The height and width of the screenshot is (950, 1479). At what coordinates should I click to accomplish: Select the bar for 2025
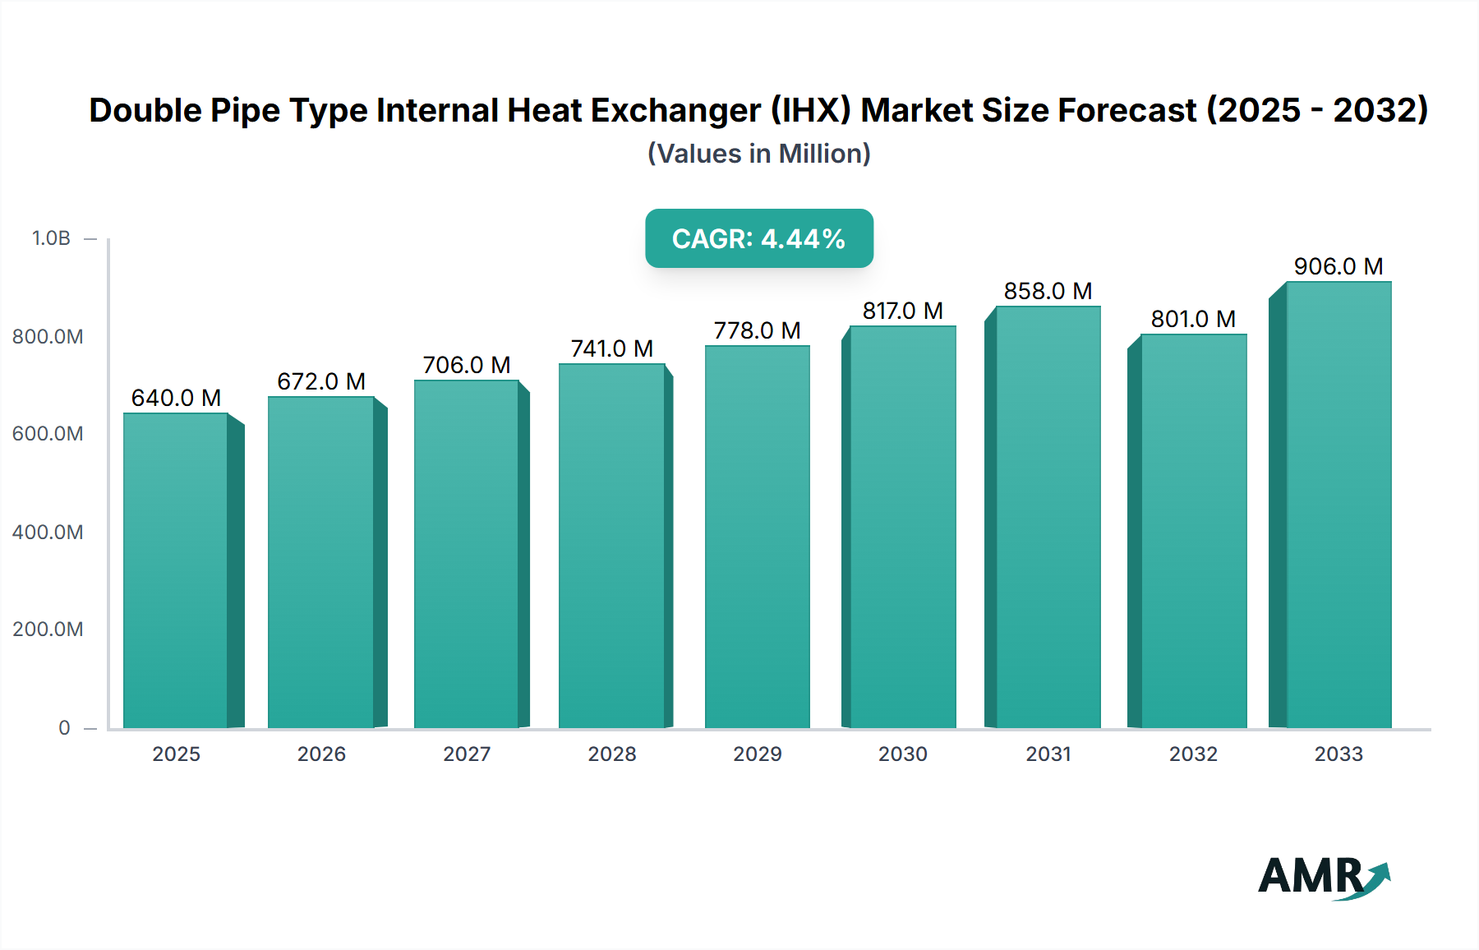175,570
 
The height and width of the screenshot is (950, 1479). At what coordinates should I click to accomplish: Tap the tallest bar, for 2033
1338,505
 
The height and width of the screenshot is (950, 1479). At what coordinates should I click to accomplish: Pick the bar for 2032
1194,531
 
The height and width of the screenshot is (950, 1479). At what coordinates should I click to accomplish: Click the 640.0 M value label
176,398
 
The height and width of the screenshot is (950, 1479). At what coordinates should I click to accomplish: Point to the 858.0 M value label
1048,291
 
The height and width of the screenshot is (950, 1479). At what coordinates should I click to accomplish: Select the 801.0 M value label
1193,319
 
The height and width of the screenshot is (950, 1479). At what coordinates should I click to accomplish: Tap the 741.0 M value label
612,348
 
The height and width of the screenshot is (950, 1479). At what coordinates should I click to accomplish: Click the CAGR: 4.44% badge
758,238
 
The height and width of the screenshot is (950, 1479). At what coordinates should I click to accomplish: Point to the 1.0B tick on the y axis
51,238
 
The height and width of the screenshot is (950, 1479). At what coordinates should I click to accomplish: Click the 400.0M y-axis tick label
48,532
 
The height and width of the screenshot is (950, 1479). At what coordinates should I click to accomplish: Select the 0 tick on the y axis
64,727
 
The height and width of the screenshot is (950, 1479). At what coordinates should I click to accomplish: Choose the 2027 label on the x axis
467,754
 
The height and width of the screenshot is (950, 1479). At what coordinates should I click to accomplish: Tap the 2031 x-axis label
1048,754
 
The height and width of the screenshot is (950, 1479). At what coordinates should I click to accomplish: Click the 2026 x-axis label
321,754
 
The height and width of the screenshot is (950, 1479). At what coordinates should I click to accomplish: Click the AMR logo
1323,876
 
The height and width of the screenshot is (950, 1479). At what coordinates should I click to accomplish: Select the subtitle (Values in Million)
758,154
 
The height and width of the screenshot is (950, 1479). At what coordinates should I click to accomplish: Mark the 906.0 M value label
1338,266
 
